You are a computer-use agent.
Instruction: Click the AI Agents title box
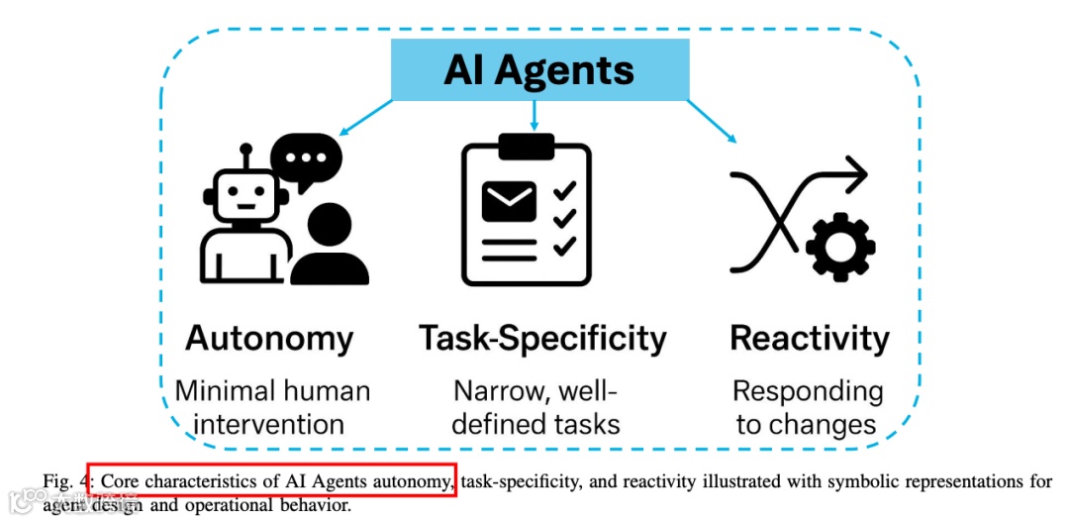tap(539, 71)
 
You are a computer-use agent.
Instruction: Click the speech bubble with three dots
tap(306, 157)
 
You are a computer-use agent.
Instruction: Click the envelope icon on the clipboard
tap(509, 201)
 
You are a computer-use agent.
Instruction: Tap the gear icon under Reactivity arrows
tap(836, 244)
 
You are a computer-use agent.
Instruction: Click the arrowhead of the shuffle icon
tap(857, 177)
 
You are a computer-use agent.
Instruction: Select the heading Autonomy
tap(269, 339)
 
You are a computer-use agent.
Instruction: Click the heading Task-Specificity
tap(542, 339)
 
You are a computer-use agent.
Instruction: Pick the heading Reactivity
tap(810, 339)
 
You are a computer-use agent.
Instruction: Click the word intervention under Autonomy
tap(269, 425)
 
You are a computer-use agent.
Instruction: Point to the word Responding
tap(809, 391)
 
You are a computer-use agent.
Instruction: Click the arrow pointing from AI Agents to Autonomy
tap(365, 117)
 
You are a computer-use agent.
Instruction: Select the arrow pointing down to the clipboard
tap(534, 117)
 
